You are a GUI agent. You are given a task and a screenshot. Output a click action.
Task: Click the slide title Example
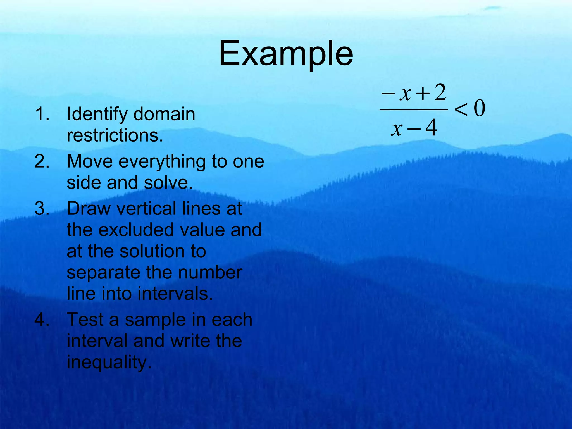coord(286,54)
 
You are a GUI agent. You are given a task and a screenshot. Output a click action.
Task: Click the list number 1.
coord(42,114)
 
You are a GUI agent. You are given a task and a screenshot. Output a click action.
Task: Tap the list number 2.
coord(42,161)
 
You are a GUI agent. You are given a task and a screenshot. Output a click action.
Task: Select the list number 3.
coord(42,209)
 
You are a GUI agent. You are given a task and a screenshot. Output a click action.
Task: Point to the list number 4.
coord(42,320)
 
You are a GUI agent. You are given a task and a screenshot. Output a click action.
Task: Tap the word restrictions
coord(115,135)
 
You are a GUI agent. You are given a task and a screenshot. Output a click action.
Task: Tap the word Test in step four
coord(85,320)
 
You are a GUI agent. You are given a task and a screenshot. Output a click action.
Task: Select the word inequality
coord(109,362)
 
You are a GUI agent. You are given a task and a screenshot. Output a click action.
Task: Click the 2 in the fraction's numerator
coord(440,93)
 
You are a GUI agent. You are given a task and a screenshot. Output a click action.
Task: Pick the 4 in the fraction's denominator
coord(431,128)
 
